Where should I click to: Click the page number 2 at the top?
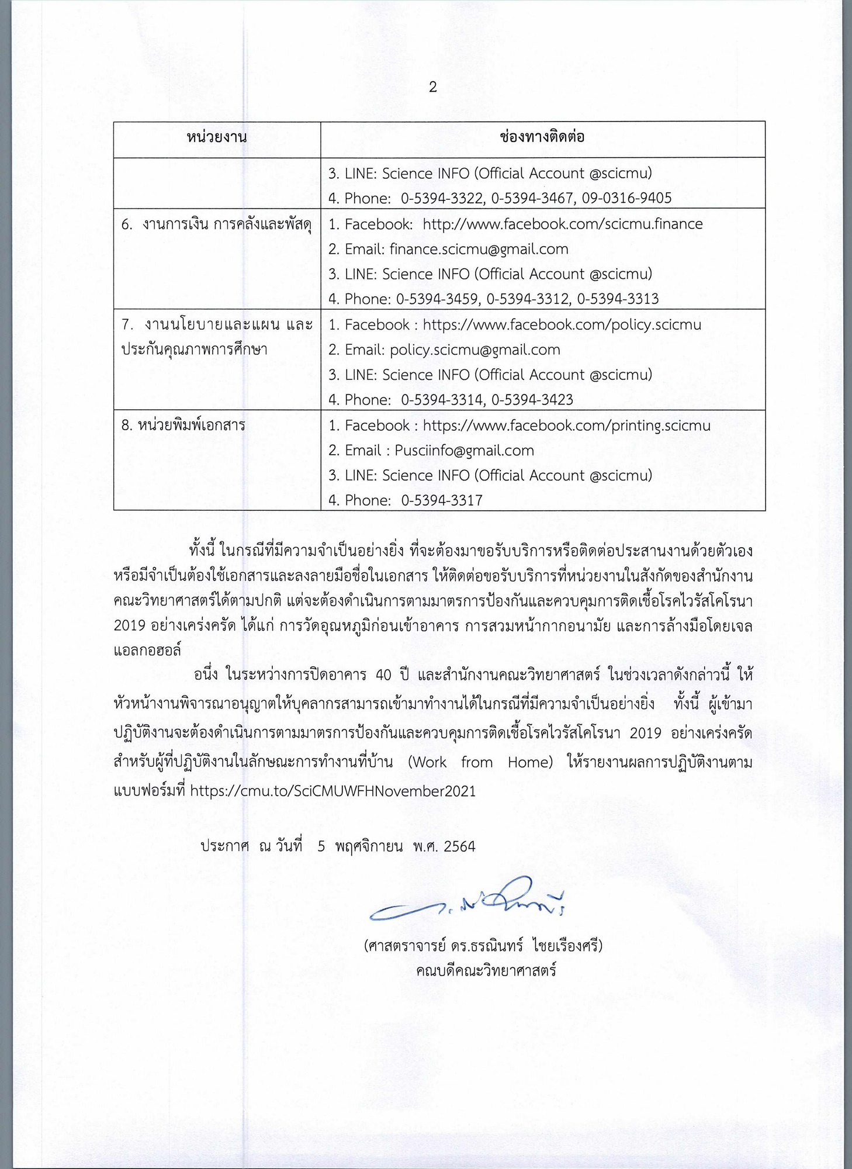pyautogui.click(x=432, y=88)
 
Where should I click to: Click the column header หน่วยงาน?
pyautogui.click(x=217, y=138)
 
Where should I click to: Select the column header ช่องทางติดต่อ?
pyautogui.click(x=542, y=137)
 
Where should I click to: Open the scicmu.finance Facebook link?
pyautogui.click(x=562, y=224)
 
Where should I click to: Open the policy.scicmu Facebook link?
pyautogui.click(x=562, y=325)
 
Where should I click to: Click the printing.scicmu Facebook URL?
pyautogui.click(x=566, y=426)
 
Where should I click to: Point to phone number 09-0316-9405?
pyautogui.click(x=626, y=198)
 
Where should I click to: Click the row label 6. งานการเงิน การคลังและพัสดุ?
pyautogui.click(x=216, y=224)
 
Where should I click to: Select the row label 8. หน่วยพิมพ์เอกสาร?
pyautogui.click(x=183, y=426)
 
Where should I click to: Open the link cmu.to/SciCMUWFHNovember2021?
pyautogui.click(x=333, y=791)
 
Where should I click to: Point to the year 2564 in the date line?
pyautogui.click(x=459, y=846)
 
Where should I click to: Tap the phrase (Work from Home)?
pyautogui.click(x=480, y=762)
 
